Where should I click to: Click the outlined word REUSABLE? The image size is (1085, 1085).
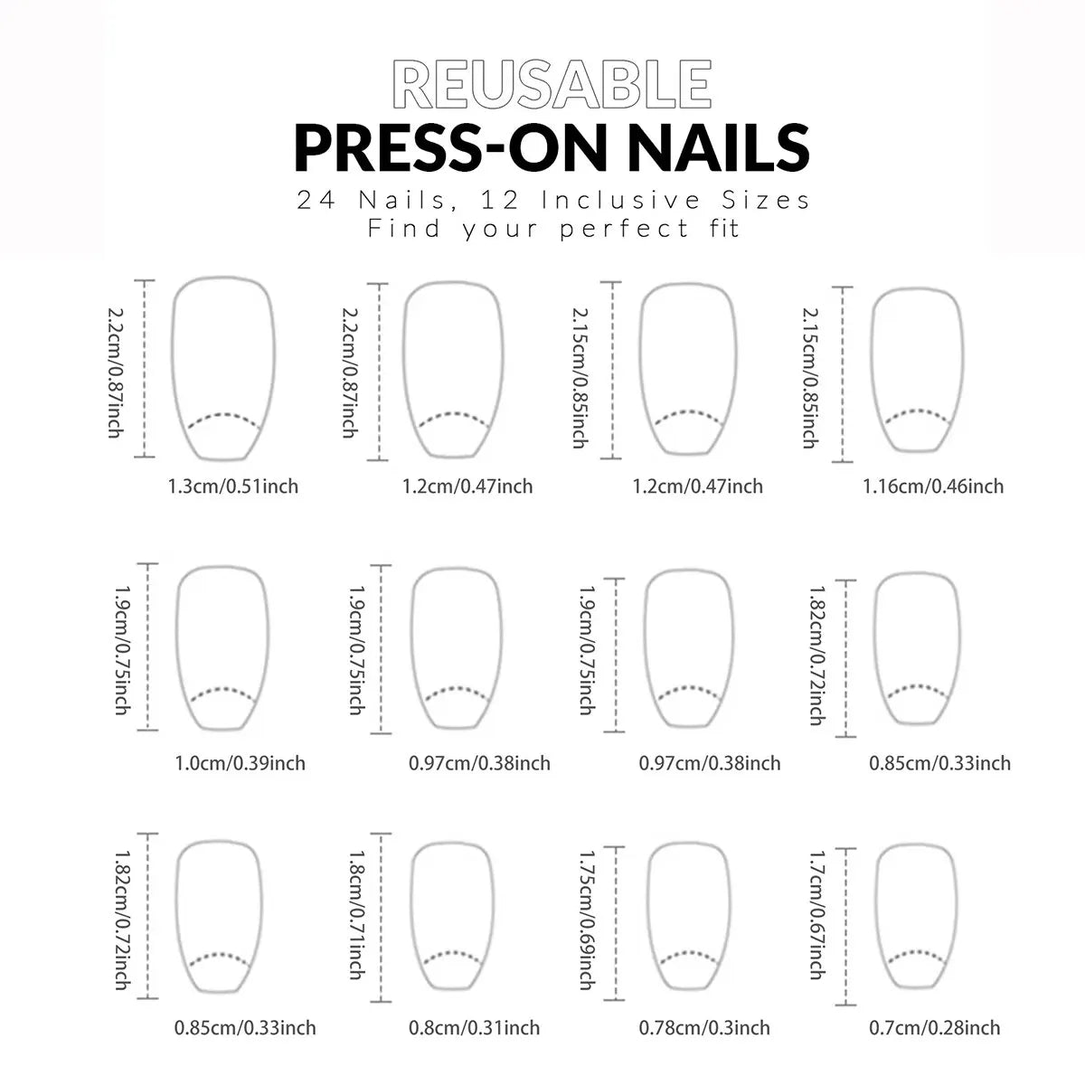tap(552, 86)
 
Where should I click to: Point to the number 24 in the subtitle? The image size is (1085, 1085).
tap(317, 200)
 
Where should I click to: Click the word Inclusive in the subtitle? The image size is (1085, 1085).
tap(622, 200)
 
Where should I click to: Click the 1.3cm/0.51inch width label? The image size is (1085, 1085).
tap(233, 486)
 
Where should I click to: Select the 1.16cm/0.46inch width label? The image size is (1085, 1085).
tap(932, 486)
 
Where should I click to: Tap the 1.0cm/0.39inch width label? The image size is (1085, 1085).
tap(240, 763)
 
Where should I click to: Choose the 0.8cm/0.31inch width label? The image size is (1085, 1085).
tap(474, 1028)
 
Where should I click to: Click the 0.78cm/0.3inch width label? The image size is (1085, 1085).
tap(704, 1028)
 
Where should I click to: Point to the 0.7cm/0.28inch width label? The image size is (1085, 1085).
tap(935, 1028)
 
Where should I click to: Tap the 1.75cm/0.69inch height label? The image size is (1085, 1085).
tap(587, 919)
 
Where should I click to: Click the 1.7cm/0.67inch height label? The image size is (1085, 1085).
tap(817, 915)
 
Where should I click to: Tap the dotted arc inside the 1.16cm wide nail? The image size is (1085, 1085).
tap(918, 417)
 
